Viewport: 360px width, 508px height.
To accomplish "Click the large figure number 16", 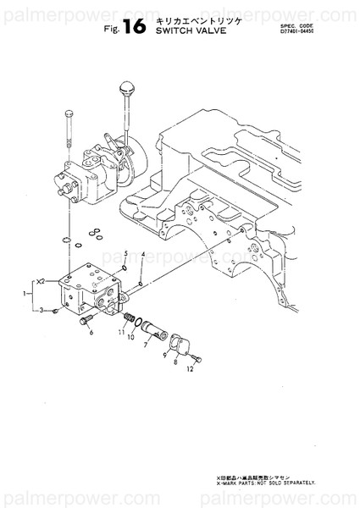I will point(134,26).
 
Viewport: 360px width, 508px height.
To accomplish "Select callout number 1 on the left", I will point(24,293).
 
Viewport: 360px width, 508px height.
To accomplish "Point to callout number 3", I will point(41,311).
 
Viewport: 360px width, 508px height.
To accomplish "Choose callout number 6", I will point(90,334).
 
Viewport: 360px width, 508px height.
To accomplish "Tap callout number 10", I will point(131,337).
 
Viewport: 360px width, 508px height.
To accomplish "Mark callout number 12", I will point(191,369).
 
